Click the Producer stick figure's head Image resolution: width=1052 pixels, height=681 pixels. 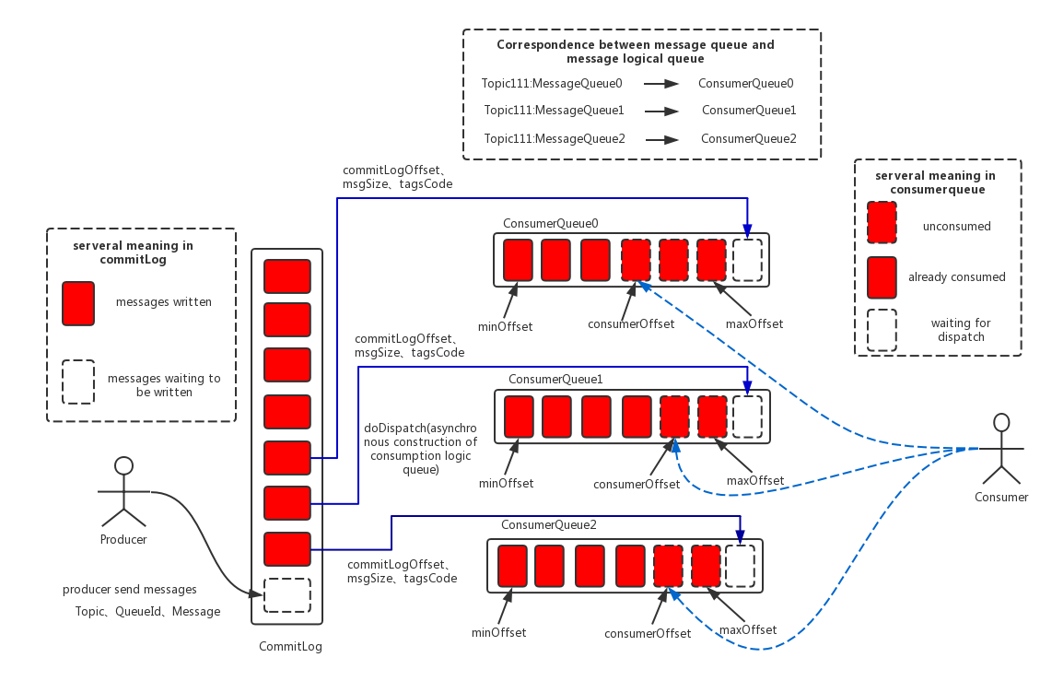(123, 465)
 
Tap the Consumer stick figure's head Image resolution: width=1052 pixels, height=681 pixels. (1001, 422)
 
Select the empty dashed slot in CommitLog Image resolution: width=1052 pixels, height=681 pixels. (287, 595)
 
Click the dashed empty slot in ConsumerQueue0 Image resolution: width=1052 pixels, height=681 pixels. (747, 260)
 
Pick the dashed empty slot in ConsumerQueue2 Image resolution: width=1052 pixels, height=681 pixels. (740, 566)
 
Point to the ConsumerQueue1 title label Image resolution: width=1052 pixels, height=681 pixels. (555, 379)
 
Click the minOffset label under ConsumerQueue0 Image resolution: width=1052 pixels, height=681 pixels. (505, 327)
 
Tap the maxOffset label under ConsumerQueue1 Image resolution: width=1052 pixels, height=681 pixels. (755, 480)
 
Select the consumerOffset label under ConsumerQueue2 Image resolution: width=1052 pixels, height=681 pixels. (648, 633)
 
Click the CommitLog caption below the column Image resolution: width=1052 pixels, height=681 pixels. (290, 646)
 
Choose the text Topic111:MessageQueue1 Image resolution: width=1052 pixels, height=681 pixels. (555, 110)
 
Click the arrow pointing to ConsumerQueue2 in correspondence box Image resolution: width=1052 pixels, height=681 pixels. (662, 139)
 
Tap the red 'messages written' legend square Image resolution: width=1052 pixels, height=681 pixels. (78, 303)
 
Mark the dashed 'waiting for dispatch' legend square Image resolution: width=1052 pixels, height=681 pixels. (882, 330)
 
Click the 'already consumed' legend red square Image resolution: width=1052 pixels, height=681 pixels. (882, 277)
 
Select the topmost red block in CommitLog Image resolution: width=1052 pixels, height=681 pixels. (287, 276)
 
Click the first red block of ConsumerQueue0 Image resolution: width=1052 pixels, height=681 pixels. (518, 260)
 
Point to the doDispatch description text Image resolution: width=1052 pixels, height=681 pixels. (421, 448)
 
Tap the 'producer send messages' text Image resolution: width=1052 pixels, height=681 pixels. (130, 589)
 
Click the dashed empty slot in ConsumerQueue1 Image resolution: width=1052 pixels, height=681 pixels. (747, 417)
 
